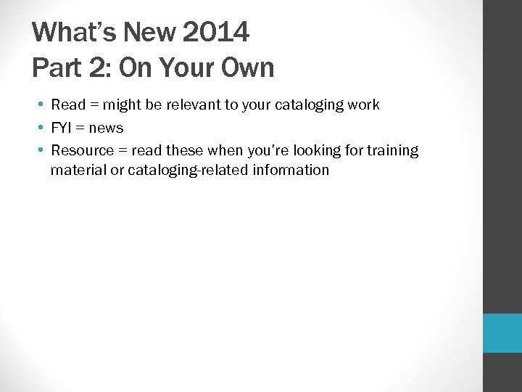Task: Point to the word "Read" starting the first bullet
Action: click(x=68, y=105)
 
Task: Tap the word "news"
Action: click(x=106, y=128)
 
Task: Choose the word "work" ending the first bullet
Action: click(x=363, y=105)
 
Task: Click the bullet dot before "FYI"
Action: click(x=43, y=128)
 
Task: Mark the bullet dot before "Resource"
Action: click(x=43, y=150)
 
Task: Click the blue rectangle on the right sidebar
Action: click(x=502, y=333)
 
